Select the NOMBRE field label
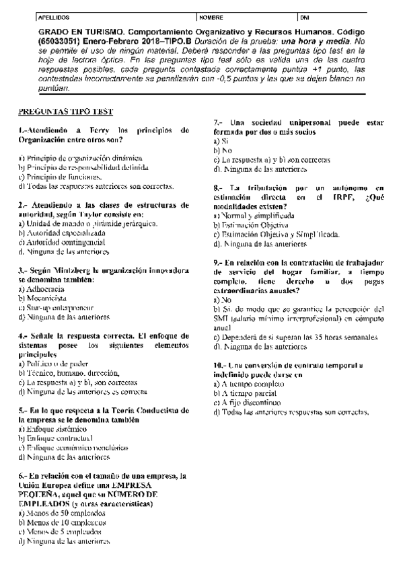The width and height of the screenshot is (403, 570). click(x=210, y=15)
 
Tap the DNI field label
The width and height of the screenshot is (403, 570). click(x=304, y=15)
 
